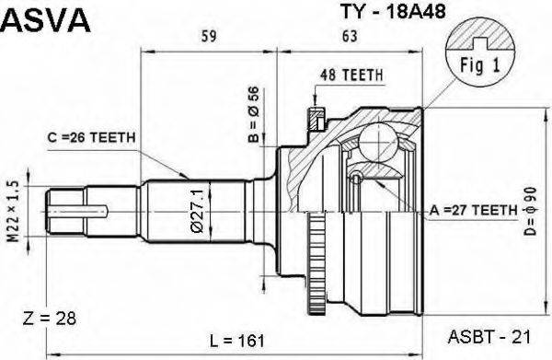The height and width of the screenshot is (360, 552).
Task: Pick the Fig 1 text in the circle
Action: [477, 65]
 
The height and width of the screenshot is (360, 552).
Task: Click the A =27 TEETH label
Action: [473, 211]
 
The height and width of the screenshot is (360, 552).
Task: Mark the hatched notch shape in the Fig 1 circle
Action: [476, 38]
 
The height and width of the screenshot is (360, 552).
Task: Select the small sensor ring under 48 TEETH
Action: [315, 118]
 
